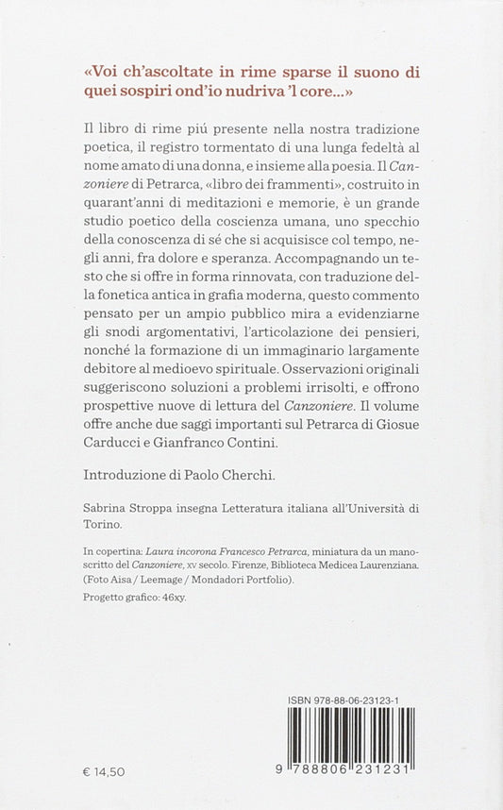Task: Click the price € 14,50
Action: (x=104, y=771)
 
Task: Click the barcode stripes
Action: (x=350, y=735)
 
